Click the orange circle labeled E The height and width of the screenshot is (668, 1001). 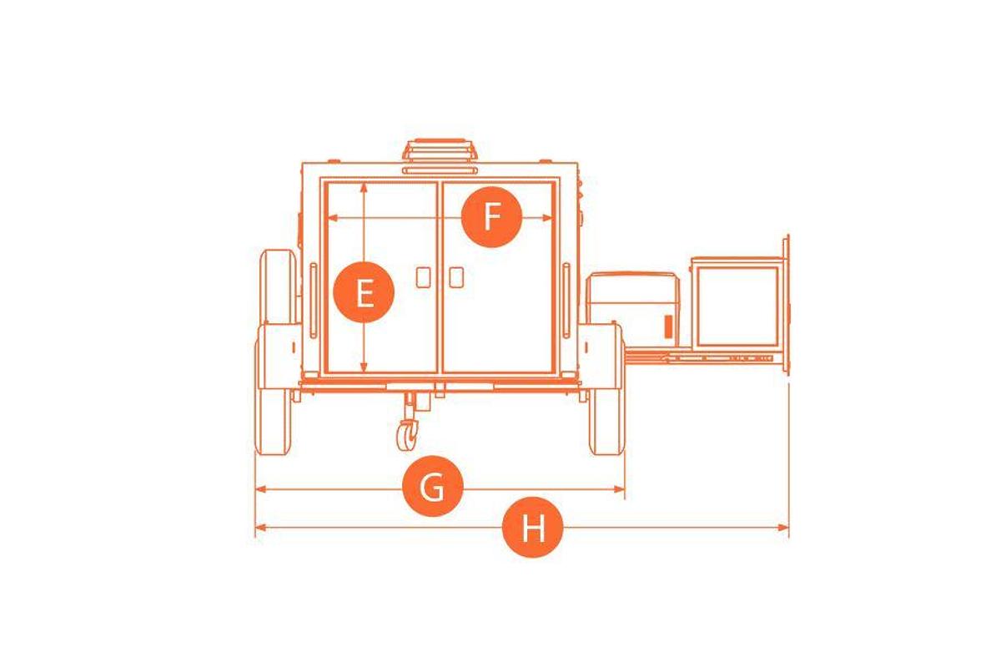[364, 292]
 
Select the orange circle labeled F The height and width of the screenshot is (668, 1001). [491, 217]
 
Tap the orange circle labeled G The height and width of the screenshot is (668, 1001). [433, 486]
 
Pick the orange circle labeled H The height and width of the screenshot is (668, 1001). [533, 528]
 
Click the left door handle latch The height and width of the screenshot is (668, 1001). [423, 277]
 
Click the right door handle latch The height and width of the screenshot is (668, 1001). [456, 277]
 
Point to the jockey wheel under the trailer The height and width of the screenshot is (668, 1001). [407, 435]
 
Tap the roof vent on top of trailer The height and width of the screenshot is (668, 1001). [440, 150]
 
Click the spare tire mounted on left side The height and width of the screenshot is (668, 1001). [277, 286]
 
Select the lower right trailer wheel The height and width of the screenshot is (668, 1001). [607, 422]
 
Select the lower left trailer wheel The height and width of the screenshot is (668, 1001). [273, 422]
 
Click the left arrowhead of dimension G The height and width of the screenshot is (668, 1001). [260, 489]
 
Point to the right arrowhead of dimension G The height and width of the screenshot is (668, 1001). [619, 489]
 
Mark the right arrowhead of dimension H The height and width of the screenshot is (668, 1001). [783, 528]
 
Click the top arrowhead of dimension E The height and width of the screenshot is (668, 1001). [365, 188]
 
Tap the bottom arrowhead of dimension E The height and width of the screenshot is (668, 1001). [364, 367]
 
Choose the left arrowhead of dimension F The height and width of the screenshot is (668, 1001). [333, 218]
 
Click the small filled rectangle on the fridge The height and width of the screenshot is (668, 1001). [668, 326]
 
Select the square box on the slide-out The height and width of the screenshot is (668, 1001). [737, 306]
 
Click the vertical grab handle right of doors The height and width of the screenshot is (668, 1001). [566, 301]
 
